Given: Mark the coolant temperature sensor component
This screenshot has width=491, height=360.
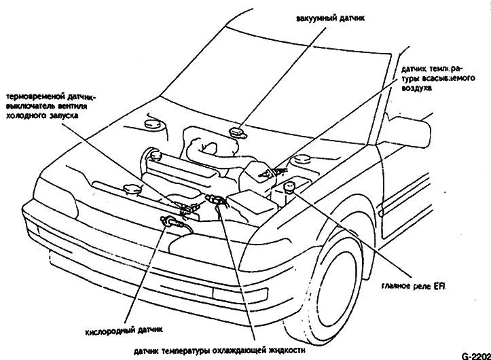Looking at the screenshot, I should point(216,200).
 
